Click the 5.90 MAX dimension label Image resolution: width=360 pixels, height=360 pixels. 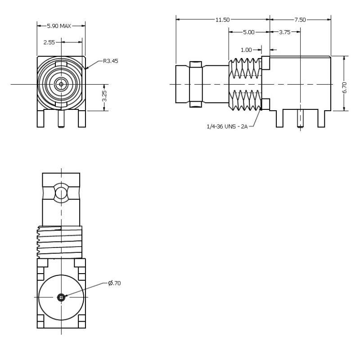(x=62, y=26)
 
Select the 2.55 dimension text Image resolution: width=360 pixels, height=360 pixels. (x=49, y=42)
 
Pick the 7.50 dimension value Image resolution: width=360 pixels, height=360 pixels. (x=300, y=19)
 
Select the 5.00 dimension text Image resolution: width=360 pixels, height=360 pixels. (x=249, y=32)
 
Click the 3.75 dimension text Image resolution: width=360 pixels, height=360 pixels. (x=284, y=32)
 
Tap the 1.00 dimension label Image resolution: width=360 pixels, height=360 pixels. (x=246, y=50)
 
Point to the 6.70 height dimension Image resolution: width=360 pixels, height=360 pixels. (x=345, y=84)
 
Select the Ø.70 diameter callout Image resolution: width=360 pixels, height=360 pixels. (x=114, y=283)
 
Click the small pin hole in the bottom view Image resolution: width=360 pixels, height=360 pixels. (x=61, y=297)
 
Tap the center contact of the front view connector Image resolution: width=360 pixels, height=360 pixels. (x=61, y=84)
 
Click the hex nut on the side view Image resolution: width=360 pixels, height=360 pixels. (x=196, y=85)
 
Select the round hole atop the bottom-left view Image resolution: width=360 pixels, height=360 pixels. (x=61, y=193)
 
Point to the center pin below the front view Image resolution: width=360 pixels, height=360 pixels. (x=61, y=120)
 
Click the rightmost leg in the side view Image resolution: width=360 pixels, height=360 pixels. (x=321, y=118)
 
